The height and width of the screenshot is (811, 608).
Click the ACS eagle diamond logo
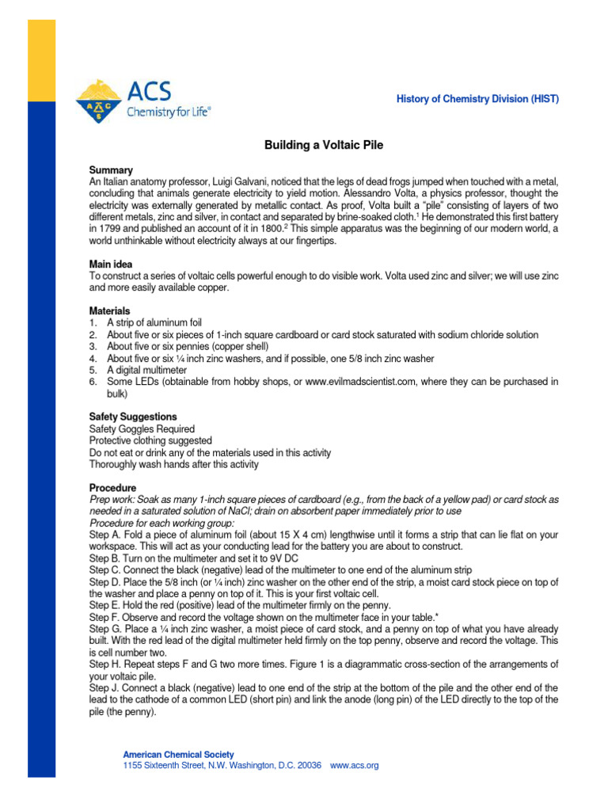pyautogui.click(x=100, y=101)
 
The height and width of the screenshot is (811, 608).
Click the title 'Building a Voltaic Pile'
pyautogui.click(x=323, y=147)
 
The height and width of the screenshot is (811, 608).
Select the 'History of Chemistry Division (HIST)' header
pyautogui.click(x=477, y=99)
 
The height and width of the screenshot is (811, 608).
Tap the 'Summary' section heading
pyautogui.click(x=111, y=170)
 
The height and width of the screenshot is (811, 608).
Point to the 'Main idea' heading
pyautogui.click(x=111, y=264)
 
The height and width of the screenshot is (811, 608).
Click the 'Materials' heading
pyautogui.click(x=110, y=311)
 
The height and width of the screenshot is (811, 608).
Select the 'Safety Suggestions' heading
pyautogui.click(x=133, y=417)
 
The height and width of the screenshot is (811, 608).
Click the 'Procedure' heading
pyautogui.click(x=112, y=488)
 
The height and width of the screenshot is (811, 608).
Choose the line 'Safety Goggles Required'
pyautogui.click(x=142, y=429)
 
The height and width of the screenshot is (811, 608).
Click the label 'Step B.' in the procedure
pyautogui.click(x=104, y=558)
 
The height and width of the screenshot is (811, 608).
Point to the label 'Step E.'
pyautogui.click(x=104, y=605)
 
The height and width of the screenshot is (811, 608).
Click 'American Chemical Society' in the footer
pyautogui.click(x=178, y=755)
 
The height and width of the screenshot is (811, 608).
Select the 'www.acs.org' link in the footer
pyautogui.click(x=354, y=766)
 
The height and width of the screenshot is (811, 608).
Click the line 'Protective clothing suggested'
pyautogui.click(x=150, y=441)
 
